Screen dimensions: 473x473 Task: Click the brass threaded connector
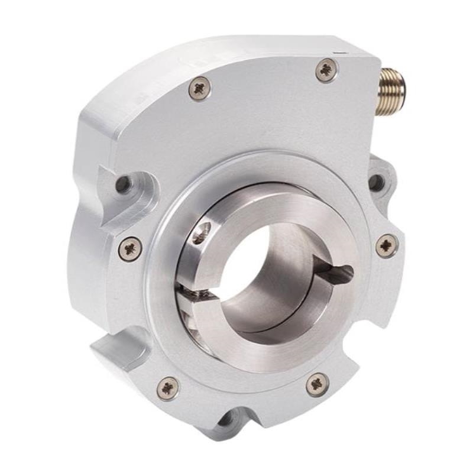coord(391,82)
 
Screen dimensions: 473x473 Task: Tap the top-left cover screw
coord(199,89)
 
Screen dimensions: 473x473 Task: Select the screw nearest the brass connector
coord(327,70)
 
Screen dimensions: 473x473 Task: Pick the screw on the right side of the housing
coord(387,245)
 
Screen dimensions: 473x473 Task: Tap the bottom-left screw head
coord(168,387)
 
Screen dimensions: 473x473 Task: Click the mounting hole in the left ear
coord(124,184)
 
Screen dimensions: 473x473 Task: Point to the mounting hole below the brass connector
coord(377,182)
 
